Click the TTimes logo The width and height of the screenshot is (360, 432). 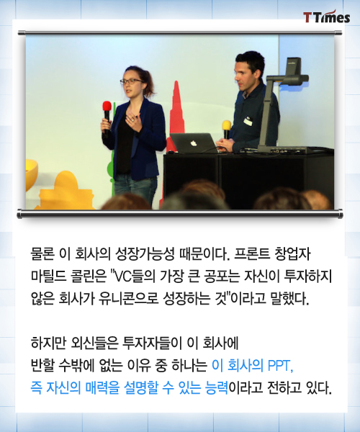coord(327,17)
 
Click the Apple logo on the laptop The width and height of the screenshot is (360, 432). coord(193,143)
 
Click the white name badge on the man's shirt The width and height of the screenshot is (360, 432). coord(248,121)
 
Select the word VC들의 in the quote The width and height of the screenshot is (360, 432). coord(133,277)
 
